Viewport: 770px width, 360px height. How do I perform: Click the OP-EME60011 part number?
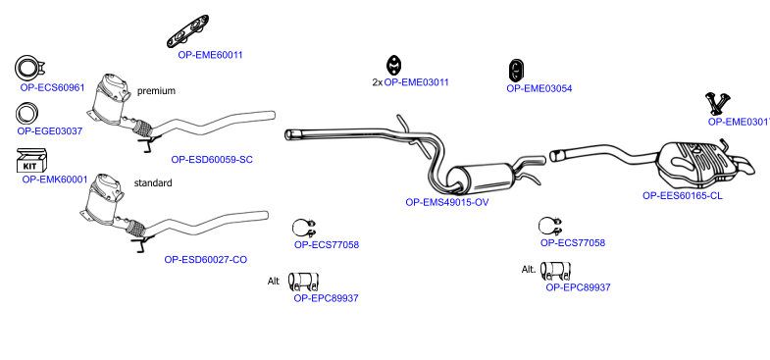tap(210, 55)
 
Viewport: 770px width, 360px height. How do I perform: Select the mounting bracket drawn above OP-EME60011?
tap(188, 31)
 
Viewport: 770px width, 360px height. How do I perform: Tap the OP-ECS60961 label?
tap(52, 87)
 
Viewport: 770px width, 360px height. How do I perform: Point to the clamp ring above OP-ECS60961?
tap(29, 69)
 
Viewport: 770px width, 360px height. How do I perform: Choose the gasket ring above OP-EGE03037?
tap(27, 114)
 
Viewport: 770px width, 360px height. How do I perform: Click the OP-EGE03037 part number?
tap(50, 131)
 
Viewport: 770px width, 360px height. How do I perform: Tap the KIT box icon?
tap(32, 160)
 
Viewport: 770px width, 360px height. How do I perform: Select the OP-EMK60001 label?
tap(55, 180)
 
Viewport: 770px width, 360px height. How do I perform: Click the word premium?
tap(156, 91)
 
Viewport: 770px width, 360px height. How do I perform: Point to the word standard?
tap(153, 183)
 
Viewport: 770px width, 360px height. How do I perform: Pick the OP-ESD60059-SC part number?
tap(212, 160)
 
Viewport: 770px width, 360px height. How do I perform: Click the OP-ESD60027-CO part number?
tap(206, 259)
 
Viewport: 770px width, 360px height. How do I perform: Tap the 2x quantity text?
tap(377, 82)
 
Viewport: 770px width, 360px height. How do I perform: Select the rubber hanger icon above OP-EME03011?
tap(394, 66)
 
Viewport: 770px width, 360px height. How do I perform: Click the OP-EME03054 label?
tap(539, 89)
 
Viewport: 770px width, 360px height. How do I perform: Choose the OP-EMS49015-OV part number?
tap(447, 202)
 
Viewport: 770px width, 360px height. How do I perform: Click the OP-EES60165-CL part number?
tap(683, 195)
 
